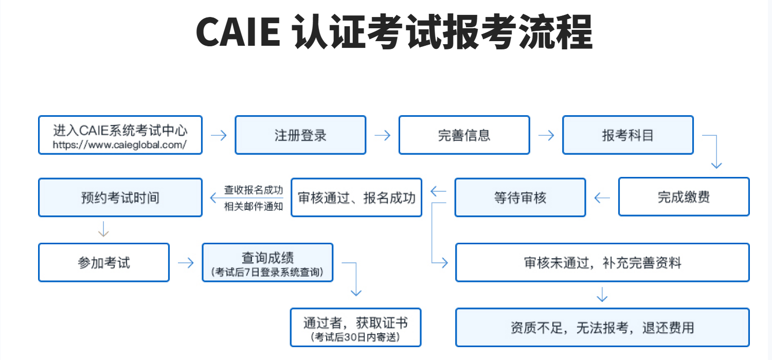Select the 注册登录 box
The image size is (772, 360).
click(x=300, y=135)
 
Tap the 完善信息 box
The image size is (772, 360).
click(x=464, y=135)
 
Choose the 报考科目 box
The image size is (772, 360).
click(x=627, y=135)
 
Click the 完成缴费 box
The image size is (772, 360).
click(x=684, y=197)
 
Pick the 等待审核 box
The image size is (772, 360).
click(x=520, y=197)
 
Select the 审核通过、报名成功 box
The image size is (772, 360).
click(x=356, y=197)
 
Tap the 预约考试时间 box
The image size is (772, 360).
click(x=120, y=197)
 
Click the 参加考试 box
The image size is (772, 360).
click(x=104, y=263)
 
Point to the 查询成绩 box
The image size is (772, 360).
click(x=267, y=262)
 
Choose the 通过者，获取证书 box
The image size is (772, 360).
click(x=355, y=327)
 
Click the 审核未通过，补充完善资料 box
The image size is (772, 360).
click(x=602, y=263)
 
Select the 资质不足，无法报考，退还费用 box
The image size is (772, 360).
click(x=602, y=328)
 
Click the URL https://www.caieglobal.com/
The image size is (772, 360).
click(x=120, y=145)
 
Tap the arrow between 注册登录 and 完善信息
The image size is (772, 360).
click(x=382, y=135)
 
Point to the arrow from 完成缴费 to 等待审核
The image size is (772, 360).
click(x=602, y=197)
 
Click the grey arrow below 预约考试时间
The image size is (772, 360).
click(x=103, y=229)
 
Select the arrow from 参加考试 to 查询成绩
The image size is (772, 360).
click(x=186, y=263)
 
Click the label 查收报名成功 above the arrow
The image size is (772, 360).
click(x=254, y=190)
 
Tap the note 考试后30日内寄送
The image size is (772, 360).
click(x=355, y=337)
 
